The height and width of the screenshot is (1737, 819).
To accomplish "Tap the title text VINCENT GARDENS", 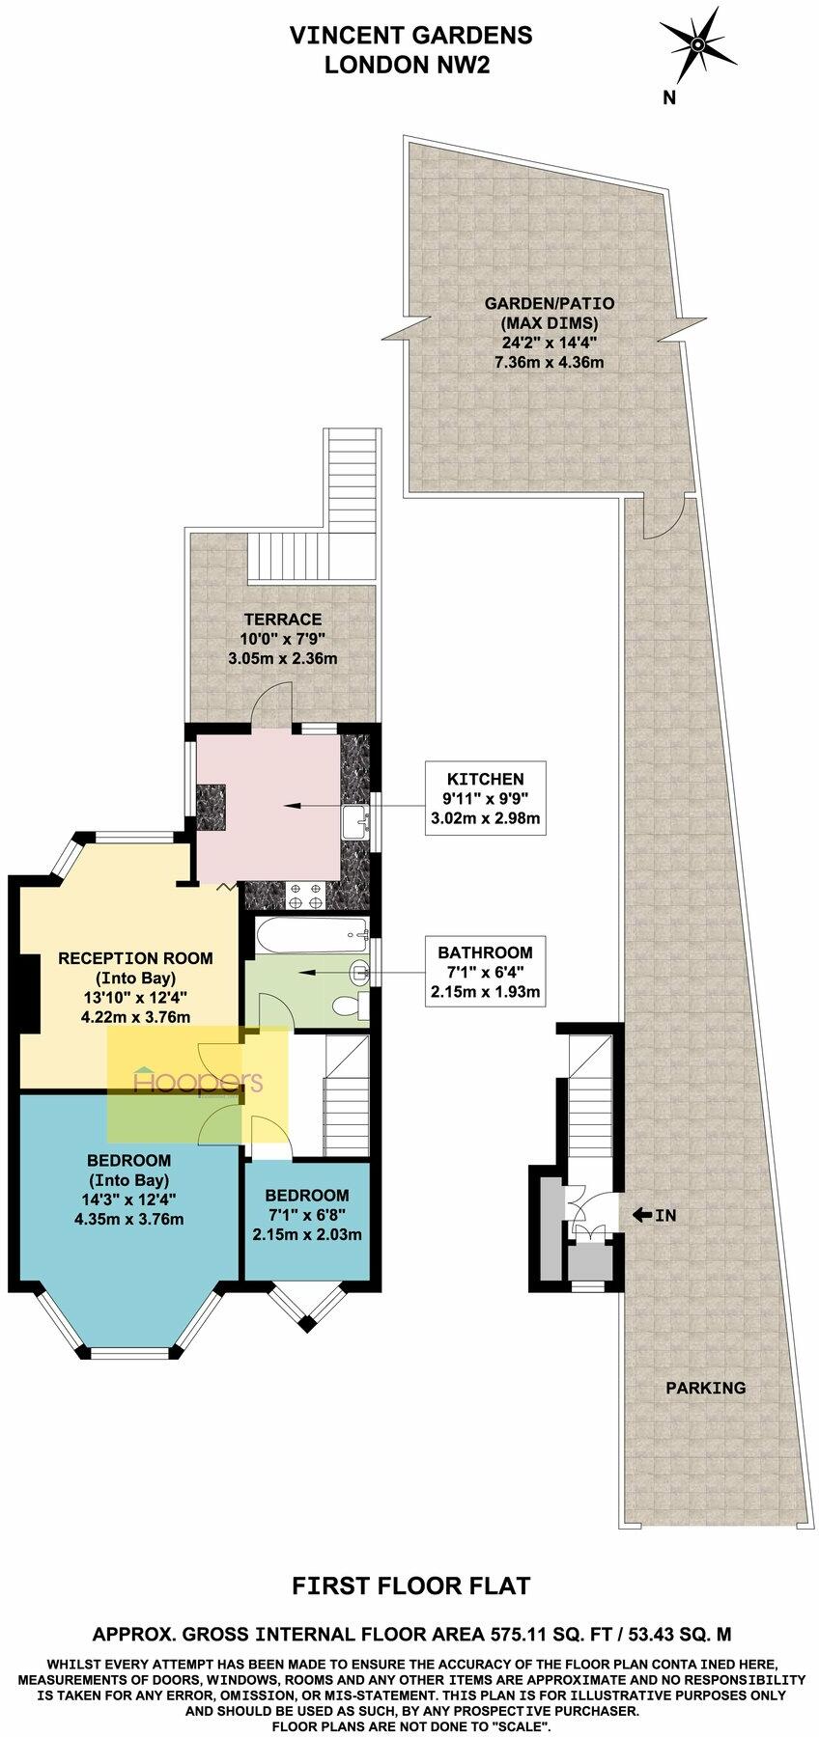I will click(x=411, y=36).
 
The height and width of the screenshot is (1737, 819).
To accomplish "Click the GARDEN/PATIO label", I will click(x=550, y=302).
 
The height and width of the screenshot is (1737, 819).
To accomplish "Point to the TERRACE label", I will click(x=282, y=619).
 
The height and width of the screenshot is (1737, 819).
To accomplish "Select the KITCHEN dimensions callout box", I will click(x=485, y=798).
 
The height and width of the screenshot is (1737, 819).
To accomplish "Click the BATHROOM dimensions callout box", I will click(x=485, y=968).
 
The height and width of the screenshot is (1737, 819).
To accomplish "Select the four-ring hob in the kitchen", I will click(x=305, y=896).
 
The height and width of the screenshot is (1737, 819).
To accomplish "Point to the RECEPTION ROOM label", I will click(x=135, y=958).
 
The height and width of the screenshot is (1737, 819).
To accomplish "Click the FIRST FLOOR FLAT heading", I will click(x=411, y=1585).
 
